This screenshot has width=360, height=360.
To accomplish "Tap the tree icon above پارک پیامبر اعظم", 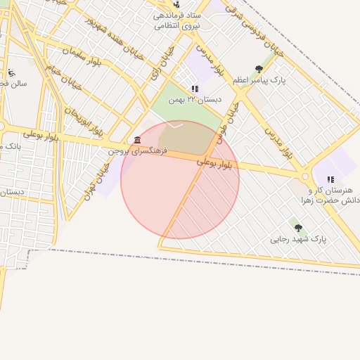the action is [x=259, y=69].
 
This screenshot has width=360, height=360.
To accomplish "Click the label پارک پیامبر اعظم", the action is [x=260, y=81].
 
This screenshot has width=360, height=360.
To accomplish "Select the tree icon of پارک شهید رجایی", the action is [x=298, y=228].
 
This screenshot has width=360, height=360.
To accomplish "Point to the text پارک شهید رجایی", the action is [x=299, y=240].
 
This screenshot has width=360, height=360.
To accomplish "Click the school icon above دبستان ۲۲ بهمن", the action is [x=195, y=89].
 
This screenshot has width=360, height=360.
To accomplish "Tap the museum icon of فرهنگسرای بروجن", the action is [x=136, y=139].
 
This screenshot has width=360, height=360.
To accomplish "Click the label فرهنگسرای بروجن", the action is [x=130, y=150].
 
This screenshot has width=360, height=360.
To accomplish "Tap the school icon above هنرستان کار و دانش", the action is [x=330, y=179].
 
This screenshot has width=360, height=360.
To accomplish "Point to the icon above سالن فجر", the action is [x=11, y=72].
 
